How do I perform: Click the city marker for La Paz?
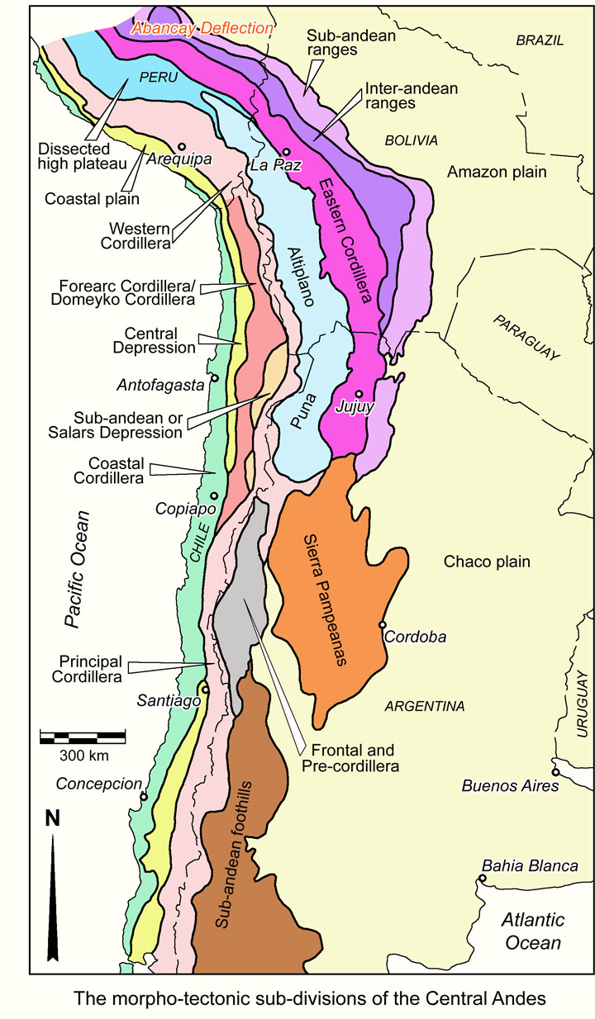pyautogui.click(x=286, y=151)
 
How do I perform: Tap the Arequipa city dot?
pyautogui.click(x=182, y=146)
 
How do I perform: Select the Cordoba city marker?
pyautogui.click(x=383, y=624)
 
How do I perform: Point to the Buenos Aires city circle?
pyautogui.click(x=555, y=772)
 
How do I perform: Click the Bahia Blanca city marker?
pyautogui.click(x=482, y=878)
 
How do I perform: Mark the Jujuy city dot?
pyautogui.click(x=359, y=394)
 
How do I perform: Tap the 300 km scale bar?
pyautogui.click(x=83, y=736)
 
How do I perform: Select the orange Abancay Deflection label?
pyautogui.click(x=204, y=28)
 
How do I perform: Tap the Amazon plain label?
pyautogui.click(x=499, y=172)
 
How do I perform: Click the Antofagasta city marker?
pyautogui.click(x=214, y=378)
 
